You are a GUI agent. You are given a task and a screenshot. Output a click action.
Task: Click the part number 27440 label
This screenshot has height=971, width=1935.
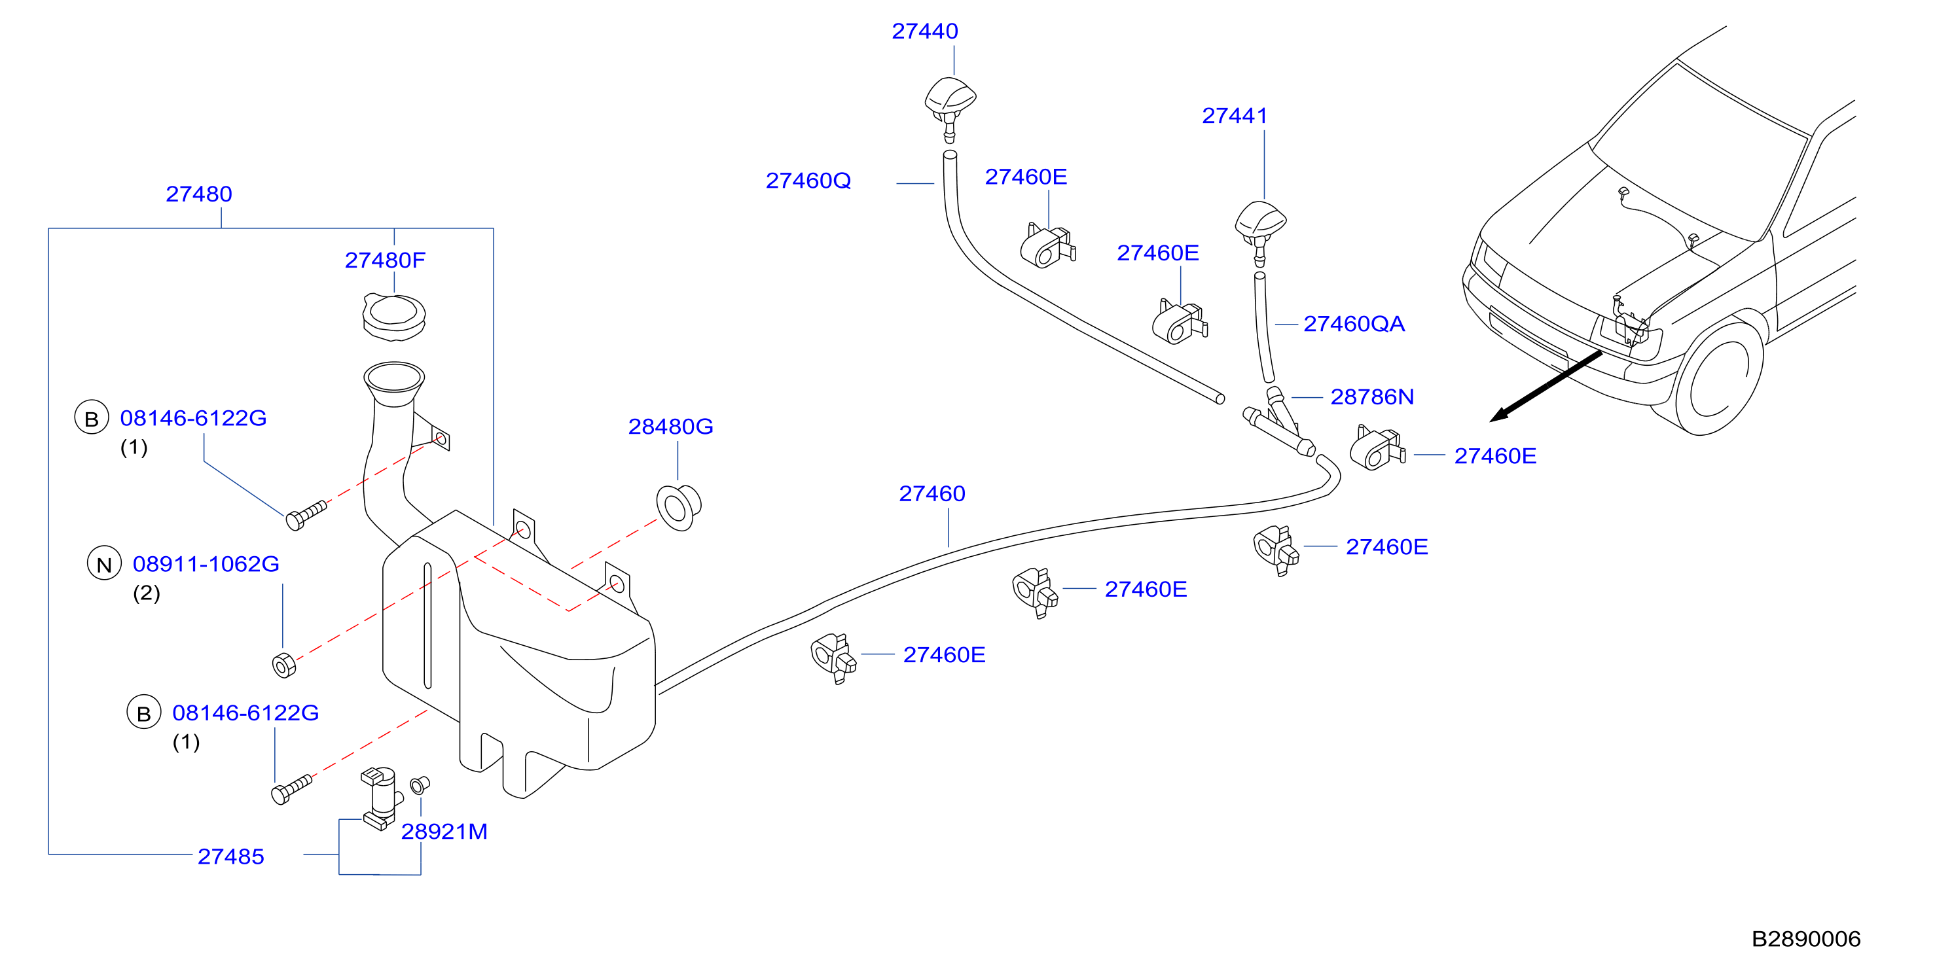[925, 31]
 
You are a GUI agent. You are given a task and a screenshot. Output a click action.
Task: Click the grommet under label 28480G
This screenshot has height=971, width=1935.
[678, 508]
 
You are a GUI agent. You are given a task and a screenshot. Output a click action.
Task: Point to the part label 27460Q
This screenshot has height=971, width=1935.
[808, 181]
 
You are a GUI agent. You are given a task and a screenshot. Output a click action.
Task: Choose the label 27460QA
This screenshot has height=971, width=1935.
[1354, 325]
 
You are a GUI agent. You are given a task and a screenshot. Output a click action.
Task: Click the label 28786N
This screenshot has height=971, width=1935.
[1371, 397]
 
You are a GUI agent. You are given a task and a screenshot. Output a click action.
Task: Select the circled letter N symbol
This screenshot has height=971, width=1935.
[105, 564]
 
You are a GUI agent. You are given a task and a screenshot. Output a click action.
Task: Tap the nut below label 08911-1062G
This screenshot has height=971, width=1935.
[284, 665]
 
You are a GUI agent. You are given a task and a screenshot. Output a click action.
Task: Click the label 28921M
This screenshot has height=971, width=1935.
[444, 832]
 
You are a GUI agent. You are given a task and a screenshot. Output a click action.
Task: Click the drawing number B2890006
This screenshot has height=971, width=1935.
[1806, 940]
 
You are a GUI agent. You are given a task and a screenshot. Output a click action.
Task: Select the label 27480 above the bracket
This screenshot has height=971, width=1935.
[199, 194]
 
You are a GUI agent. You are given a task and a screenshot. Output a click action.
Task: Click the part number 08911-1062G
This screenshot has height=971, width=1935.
[206, 564]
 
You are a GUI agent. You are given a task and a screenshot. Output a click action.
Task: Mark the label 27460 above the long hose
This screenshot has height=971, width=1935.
[932, 494]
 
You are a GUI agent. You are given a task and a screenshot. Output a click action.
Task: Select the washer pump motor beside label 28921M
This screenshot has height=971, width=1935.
[380, 798]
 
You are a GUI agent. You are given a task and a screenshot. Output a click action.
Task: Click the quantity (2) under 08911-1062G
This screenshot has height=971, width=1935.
[147, 594]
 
